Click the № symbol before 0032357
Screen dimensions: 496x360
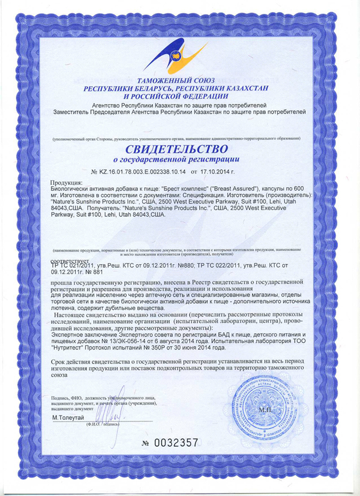click(146, 444)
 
